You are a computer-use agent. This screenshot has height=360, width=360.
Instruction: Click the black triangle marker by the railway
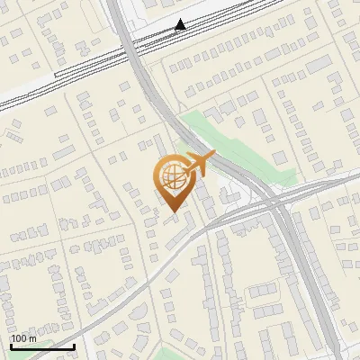tap(181, 24)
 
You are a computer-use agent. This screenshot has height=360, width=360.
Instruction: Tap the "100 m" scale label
tap(23, 338)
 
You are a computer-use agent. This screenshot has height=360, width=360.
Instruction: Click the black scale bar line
tap(42, 346)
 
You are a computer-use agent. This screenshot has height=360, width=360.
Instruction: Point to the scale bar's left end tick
tap(11, 346)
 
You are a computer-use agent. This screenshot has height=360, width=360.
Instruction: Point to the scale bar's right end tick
tap(75, 346)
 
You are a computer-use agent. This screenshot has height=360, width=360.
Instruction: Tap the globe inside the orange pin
tap(171, 176)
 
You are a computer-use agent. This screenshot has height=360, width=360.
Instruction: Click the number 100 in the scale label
tap(18, 338)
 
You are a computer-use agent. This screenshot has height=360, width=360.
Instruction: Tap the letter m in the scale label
tap(32, 339)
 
